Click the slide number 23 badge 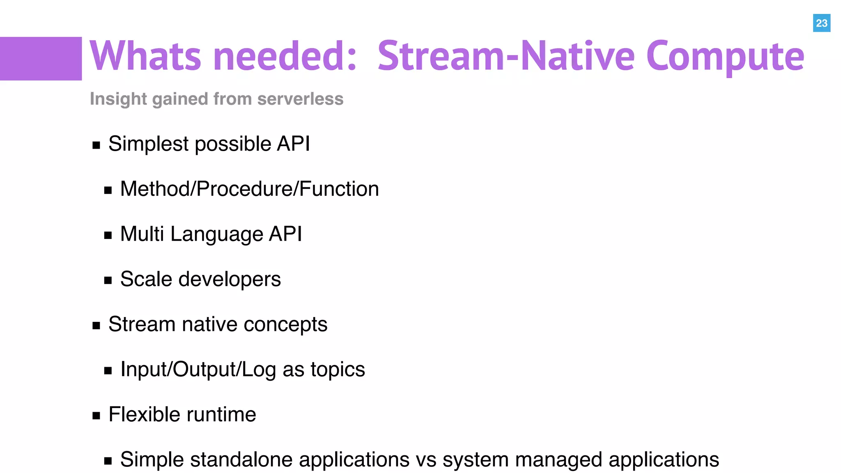(821, 23)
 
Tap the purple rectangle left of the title (41, 58)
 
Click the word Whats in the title (145, 56)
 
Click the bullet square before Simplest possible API (97, 145)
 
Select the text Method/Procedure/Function (249, 189)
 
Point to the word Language (216, 234)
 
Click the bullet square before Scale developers (108, 280)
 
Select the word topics (338, 370)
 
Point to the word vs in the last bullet (426, 459)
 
